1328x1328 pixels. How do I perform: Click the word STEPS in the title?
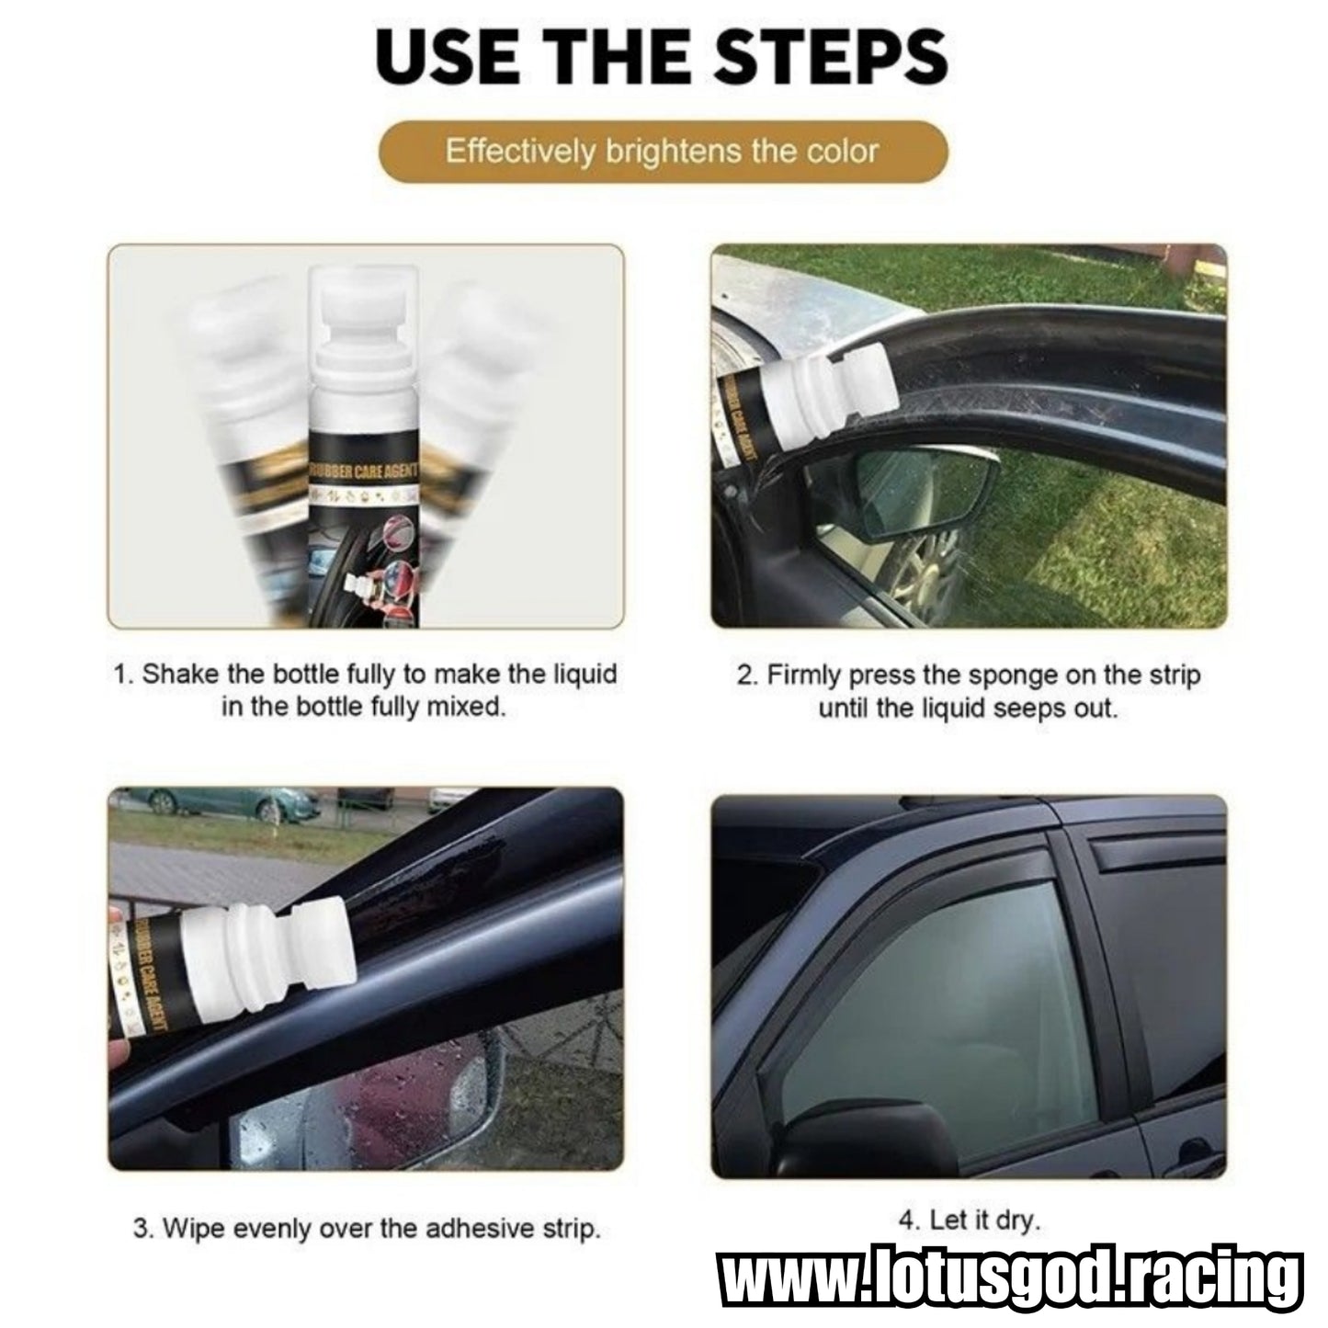tap(829, 59)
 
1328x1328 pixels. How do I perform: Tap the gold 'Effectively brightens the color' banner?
tap(663, 152)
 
